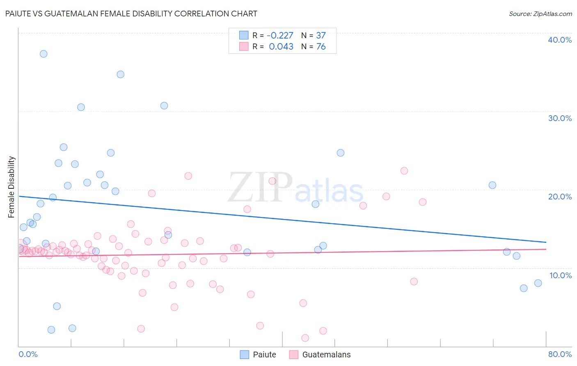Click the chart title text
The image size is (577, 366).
(131, 14)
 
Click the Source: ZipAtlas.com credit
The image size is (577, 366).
(540, 14)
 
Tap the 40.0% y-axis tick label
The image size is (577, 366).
(560, 40)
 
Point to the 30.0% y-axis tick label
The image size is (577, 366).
(560, 118)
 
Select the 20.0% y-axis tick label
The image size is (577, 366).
(560, 197)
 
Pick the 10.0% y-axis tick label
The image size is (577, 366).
(561, 275)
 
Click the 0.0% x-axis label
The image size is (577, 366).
(28, 354)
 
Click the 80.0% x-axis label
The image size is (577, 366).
(560, 354)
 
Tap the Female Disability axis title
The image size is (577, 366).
(11, 187)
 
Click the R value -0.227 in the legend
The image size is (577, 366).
(280, 35)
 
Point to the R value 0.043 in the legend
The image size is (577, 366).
(281, 47)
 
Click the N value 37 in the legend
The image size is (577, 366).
(321, 35)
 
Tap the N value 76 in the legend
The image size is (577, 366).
(321, 47)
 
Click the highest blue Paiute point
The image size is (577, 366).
(44, 54)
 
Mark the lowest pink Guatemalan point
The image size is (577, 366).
(305, 338)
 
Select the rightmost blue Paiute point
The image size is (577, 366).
(538, 283)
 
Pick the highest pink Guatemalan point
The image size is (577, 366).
(404, 171)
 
